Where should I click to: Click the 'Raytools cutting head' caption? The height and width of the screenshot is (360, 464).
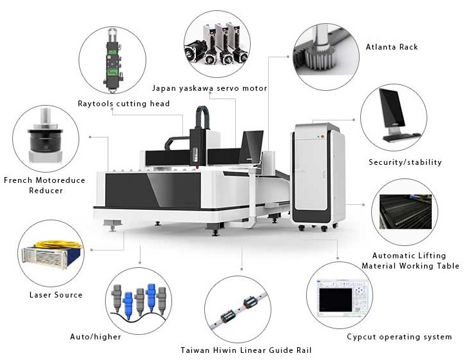click(124, 104)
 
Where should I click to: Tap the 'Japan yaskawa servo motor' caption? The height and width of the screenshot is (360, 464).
click(209, 88)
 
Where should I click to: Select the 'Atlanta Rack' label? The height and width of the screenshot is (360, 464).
click(392, 47)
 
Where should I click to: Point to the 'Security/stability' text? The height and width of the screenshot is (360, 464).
click(405, 162)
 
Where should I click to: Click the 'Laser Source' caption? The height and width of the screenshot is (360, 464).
click(56, 294)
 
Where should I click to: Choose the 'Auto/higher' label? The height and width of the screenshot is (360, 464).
click(95, 337)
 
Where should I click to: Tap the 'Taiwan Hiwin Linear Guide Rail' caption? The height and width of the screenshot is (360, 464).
click(246, 350)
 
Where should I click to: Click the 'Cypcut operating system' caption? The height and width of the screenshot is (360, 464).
click(400, 337)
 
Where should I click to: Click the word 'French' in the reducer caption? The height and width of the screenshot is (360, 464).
click(18, 180)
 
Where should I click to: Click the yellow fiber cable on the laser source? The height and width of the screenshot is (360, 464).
click(59, 245)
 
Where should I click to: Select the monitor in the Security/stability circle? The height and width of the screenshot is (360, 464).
click(392, 108)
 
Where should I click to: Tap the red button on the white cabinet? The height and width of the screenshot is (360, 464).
click(322, 137)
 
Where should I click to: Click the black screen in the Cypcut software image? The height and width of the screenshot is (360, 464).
click(336, 299)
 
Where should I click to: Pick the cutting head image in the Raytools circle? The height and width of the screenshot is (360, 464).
click(112, 60)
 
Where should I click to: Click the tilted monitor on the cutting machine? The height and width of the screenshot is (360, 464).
click(251, 147)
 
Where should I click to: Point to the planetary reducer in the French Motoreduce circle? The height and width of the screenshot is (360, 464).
click(45, 136)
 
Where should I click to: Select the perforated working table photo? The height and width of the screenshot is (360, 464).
click(405, 211)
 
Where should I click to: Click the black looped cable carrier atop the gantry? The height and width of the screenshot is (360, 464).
click(203, 117)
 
